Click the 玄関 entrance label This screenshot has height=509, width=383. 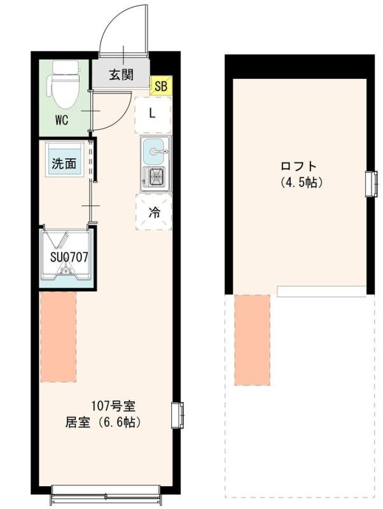click(x=121, y=75)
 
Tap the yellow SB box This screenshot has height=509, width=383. click(x=160, y=85)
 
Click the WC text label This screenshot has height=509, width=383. click(x=62, y=120)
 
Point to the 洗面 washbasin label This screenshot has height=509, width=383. click(x=64, y=164)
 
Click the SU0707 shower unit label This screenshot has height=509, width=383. click(x=69, y=258)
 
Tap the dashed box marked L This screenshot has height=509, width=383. click(x=153, y=115)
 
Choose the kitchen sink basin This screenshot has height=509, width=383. click(x=155, y=151)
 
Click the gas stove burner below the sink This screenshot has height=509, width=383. click(x=155, y=176)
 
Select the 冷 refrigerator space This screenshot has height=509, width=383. click(x=154, y=212)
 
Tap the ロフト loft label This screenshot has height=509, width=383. click(x=298, y=167)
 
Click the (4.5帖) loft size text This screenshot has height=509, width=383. click(x=302, y=183)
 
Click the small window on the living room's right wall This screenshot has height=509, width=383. click(x=178, y=414)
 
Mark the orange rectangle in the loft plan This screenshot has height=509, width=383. click(x=252, y=340)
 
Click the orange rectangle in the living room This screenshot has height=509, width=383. click(x=59, y=337)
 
